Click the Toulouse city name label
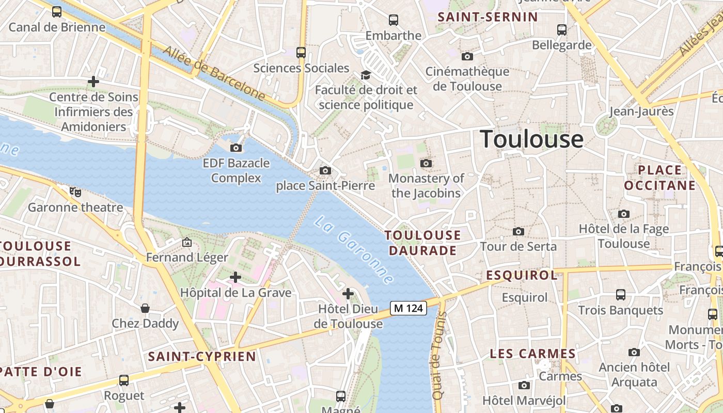point(532,139)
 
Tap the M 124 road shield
point(408,308)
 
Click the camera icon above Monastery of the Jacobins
point(426,163)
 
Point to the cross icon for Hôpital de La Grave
point(235,277)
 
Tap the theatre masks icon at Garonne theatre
point(76,192)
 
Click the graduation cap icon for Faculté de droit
point(366,75)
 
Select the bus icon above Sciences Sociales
point(301,52)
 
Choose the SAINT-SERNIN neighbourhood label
point(488,17)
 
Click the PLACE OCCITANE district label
point(660,178)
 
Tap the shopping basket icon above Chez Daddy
point(145,308)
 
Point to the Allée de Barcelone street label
point(214,72)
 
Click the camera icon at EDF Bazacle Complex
point(236,148)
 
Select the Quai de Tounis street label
point(439,356)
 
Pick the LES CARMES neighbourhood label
point(532,354)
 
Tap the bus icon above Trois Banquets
point(621,295)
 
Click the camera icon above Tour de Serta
point(518,231)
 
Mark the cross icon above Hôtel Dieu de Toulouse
point(348,294)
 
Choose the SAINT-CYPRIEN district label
point(202,356)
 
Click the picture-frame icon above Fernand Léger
point(186,242)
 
